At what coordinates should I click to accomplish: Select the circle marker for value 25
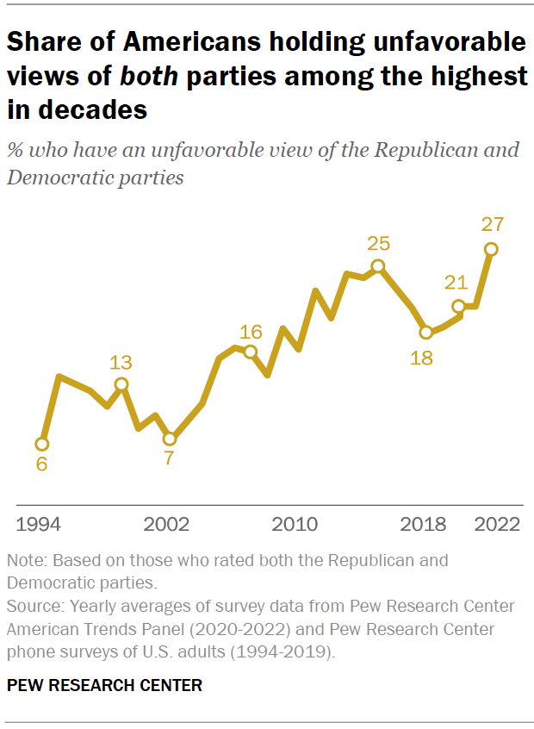377,266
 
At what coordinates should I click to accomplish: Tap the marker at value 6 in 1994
41,444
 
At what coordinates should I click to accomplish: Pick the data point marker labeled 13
121,384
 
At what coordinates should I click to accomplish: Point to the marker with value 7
170,439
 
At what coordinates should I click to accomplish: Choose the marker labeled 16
250,352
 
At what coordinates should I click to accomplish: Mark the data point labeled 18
425,332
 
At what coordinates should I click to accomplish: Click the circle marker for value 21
459,306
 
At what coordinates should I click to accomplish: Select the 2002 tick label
166,524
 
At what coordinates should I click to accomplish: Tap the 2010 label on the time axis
295,524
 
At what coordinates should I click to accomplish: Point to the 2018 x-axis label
424,524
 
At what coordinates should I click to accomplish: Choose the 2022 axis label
496,524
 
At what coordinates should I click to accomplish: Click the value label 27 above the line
492,225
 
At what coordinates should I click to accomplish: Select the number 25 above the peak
377,244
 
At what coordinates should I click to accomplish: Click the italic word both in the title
148,76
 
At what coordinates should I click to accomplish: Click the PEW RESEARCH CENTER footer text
104,686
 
